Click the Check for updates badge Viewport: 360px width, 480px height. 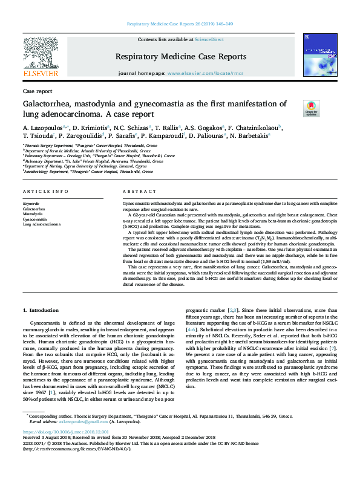311,109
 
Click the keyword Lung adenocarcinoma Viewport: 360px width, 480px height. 42,224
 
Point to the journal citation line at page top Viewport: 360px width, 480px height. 180,24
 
